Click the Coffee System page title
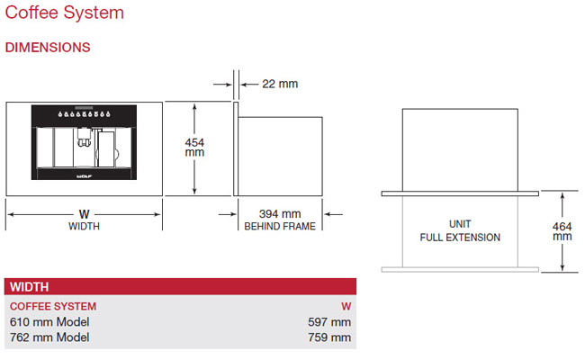pyautogui.click(x=64, y=13)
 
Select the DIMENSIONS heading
pyautogui.click(x=48, y=48)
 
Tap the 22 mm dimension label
pyautogui.click(x=280, y=84)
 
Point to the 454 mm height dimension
pyautogui.click(x=194, y=148)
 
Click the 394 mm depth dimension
pyautogui.click(x=280, y=214)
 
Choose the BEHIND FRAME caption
pyautogui.click(x=280, y=226)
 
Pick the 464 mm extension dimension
pyautogui.click(x=562, y=231)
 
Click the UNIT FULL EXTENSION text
pyautogui.click(x=460, y=230)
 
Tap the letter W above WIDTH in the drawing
pyautogui.click(x=85, y=214)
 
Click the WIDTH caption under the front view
pyautogui.click(x=84, y=226)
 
